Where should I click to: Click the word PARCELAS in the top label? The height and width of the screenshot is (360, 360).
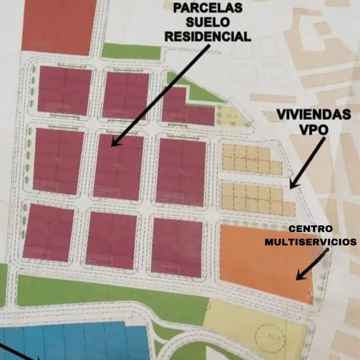coord(208,8)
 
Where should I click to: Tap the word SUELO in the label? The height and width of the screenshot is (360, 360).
coord(208,22)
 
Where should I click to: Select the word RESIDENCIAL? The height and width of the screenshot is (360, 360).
coord(208,36)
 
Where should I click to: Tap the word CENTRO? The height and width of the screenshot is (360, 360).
coord(310,229)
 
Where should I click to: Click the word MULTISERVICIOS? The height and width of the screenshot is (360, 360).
coord(311,242)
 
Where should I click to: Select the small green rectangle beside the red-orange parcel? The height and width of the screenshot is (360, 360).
coord(131,51)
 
